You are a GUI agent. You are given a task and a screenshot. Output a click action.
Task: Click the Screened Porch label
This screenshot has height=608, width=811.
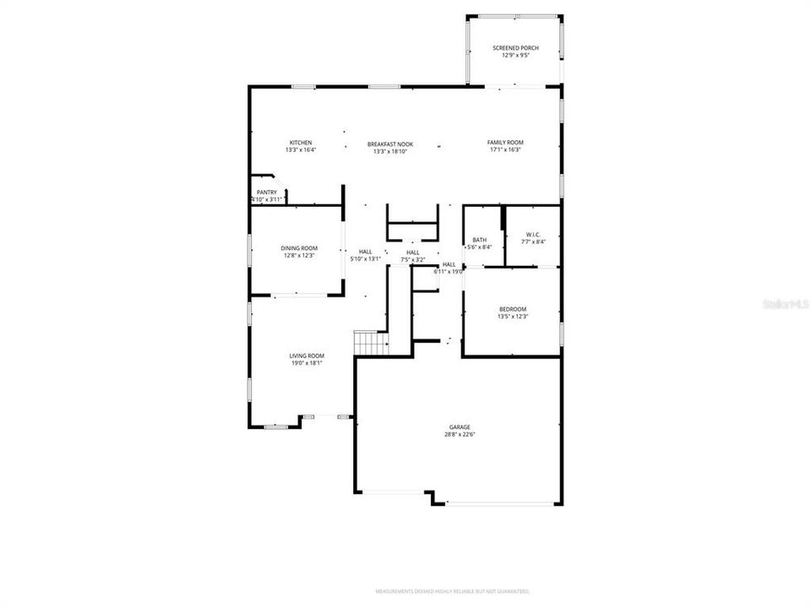(515, 48)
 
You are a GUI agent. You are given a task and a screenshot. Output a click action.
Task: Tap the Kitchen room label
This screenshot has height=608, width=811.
(301, 143)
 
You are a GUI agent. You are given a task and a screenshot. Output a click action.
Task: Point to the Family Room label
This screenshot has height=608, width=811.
(505, 143)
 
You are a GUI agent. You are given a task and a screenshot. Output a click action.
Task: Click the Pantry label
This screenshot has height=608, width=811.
(266, 193)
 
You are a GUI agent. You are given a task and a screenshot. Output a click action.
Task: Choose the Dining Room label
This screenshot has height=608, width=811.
(299, 247)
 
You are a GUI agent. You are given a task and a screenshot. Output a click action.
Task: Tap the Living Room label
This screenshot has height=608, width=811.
(308, 356)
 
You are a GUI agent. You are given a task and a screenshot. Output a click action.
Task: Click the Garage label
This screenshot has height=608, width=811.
(459, 427)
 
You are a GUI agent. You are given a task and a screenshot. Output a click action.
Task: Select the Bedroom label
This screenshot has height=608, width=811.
(512, 309)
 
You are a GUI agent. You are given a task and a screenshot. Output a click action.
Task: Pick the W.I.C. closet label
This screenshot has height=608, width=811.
(532, 235)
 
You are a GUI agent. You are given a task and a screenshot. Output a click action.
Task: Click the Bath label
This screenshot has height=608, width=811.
(480, 240)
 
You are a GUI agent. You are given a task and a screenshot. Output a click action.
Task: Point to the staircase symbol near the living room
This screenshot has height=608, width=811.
(371, 344)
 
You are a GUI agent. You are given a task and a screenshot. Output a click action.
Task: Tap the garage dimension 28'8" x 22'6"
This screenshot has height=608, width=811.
(459, 435)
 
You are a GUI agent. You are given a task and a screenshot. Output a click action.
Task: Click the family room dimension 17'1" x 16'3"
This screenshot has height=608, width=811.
(505, 150)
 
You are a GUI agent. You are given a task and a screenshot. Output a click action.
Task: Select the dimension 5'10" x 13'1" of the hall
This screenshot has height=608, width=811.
(365, 259)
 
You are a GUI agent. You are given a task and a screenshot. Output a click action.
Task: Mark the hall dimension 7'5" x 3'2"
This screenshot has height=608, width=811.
(412, 260)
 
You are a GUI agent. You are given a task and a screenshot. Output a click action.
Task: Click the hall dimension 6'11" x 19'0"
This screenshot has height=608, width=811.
(449, 272)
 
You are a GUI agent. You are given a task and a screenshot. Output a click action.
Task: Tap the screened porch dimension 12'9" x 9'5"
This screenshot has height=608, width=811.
(515, 56)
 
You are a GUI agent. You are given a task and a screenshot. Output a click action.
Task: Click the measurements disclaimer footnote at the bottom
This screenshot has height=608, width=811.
(452, 590)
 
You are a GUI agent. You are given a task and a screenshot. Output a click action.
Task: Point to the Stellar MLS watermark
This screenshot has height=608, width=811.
(786, 301)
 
